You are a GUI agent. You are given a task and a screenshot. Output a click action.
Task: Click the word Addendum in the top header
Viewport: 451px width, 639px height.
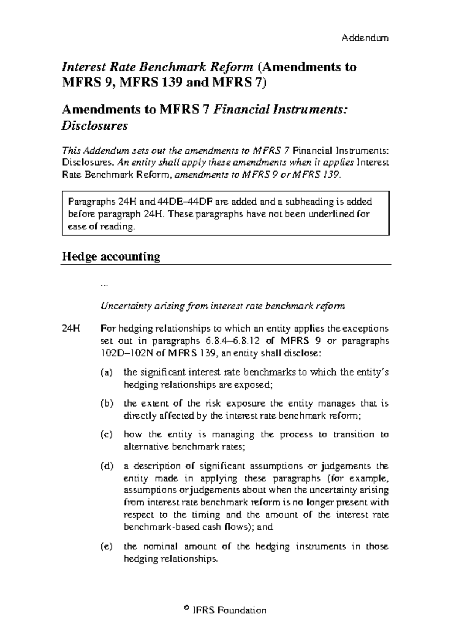(x=365, y=38)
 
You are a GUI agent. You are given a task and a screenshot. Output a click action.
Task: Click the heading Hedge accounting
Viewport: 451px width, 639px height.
(x=111, y=256)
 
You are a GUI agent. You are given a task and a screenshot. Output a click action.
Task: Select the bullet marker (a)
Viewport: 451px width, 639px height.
(x=106, y=373)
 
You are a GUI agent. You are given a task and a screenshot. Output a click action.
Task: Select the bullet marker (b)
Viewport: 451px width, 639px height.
(x=106, y=404)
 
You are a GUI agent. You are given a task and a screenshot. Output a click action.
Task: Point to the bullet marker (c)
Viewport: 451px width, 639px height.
(x=106, y=435)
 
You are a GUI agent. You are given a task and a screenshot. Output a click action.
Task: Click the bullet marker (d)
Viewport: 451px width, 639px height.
(x=106, y=466)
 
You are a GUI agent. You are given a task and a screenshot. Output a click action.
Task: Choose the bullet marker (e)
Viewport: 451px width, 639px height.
(x=106, y=547)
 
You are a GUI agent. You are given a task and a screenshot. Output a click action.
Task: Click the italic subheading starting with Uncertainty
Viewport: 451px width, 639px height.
(x=222, y=306)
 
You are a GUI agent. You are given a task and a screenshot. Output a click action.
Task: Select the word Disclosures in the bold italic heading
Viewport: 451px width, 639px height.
(x=94, y=125)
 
